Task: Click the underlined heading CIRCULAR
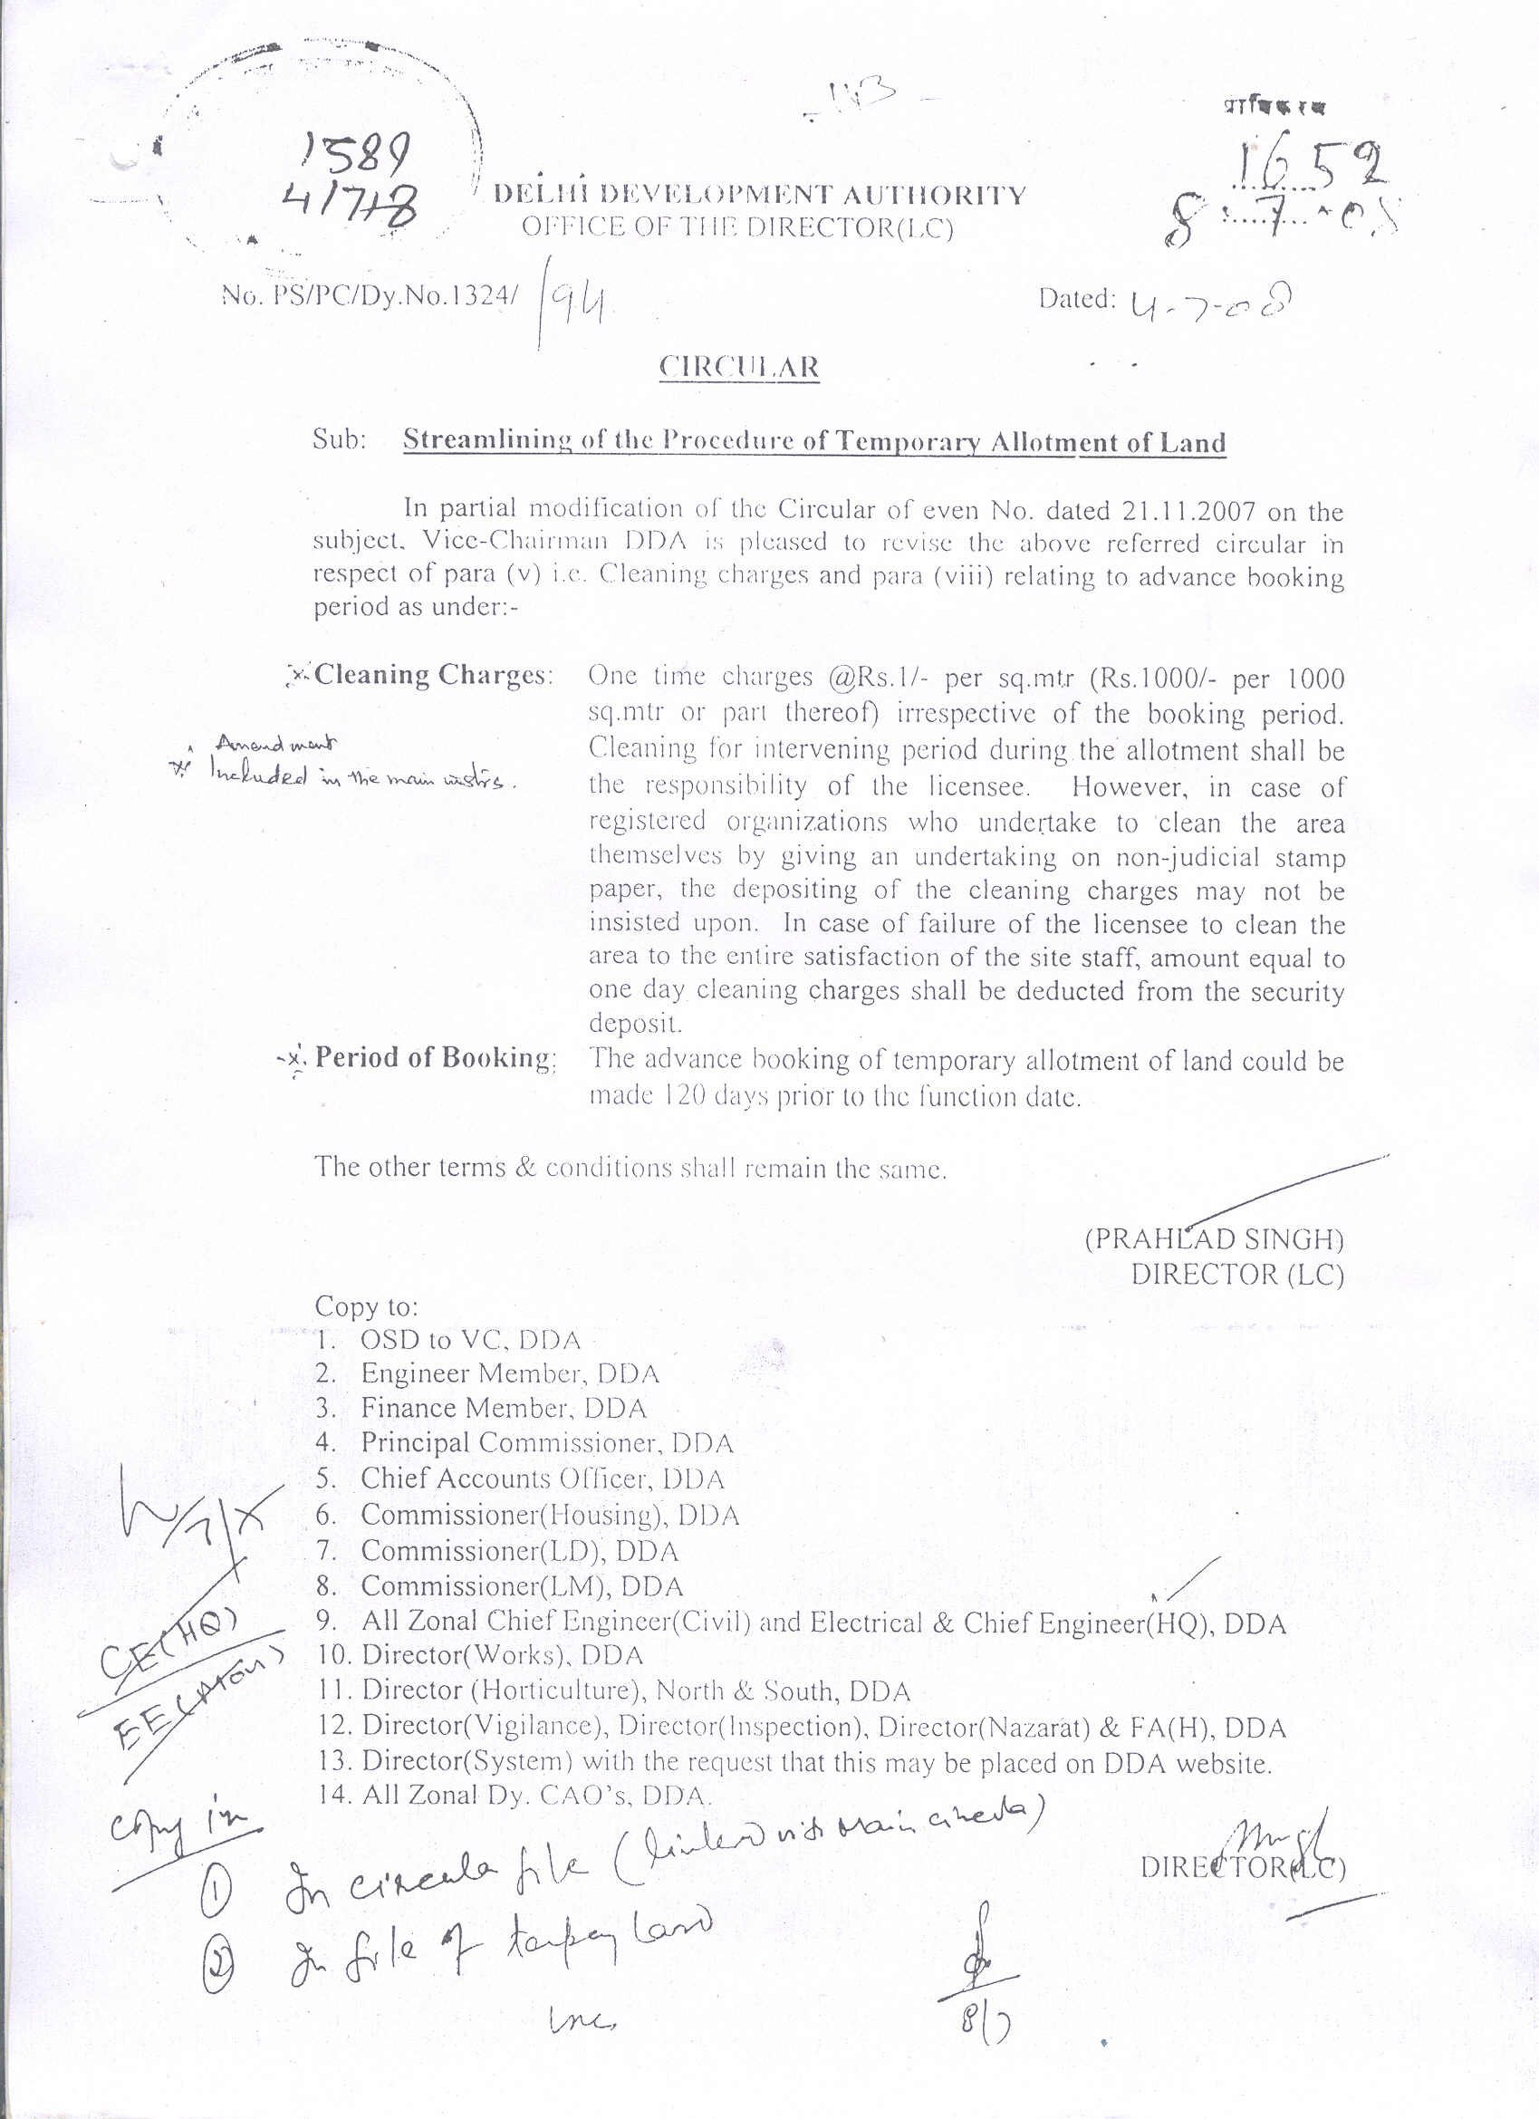pyautogui.click(x=739, y=366)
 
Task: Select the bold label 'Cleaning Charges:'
pyautogui.click(x=433, y=675)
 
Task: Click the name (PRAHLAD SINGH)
pyautogui.click(x=1214, y=1239)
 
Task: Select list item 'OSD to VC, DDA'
pyautogui.click(x=470, y=1340)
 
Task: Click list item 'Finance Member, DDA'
pyautogui.click(x=503, y=1408)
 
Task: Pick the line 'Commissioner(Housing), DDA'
pyautogui.click(x=550, y=1515)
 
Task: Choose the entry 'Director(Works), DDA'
pyautogui.click(x=503, y=1654)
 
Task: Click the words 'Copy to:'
pyautogui.click(x=366, y=1305)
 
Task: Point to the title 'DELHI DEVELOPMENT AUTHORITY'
pyautogui.click(x=760, y=195)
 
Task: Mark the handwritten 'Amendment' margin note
pyautogui.click(x=276, y=745)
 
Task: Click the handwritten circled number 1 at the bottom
pyautogui.click(x=216, y=1891)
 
